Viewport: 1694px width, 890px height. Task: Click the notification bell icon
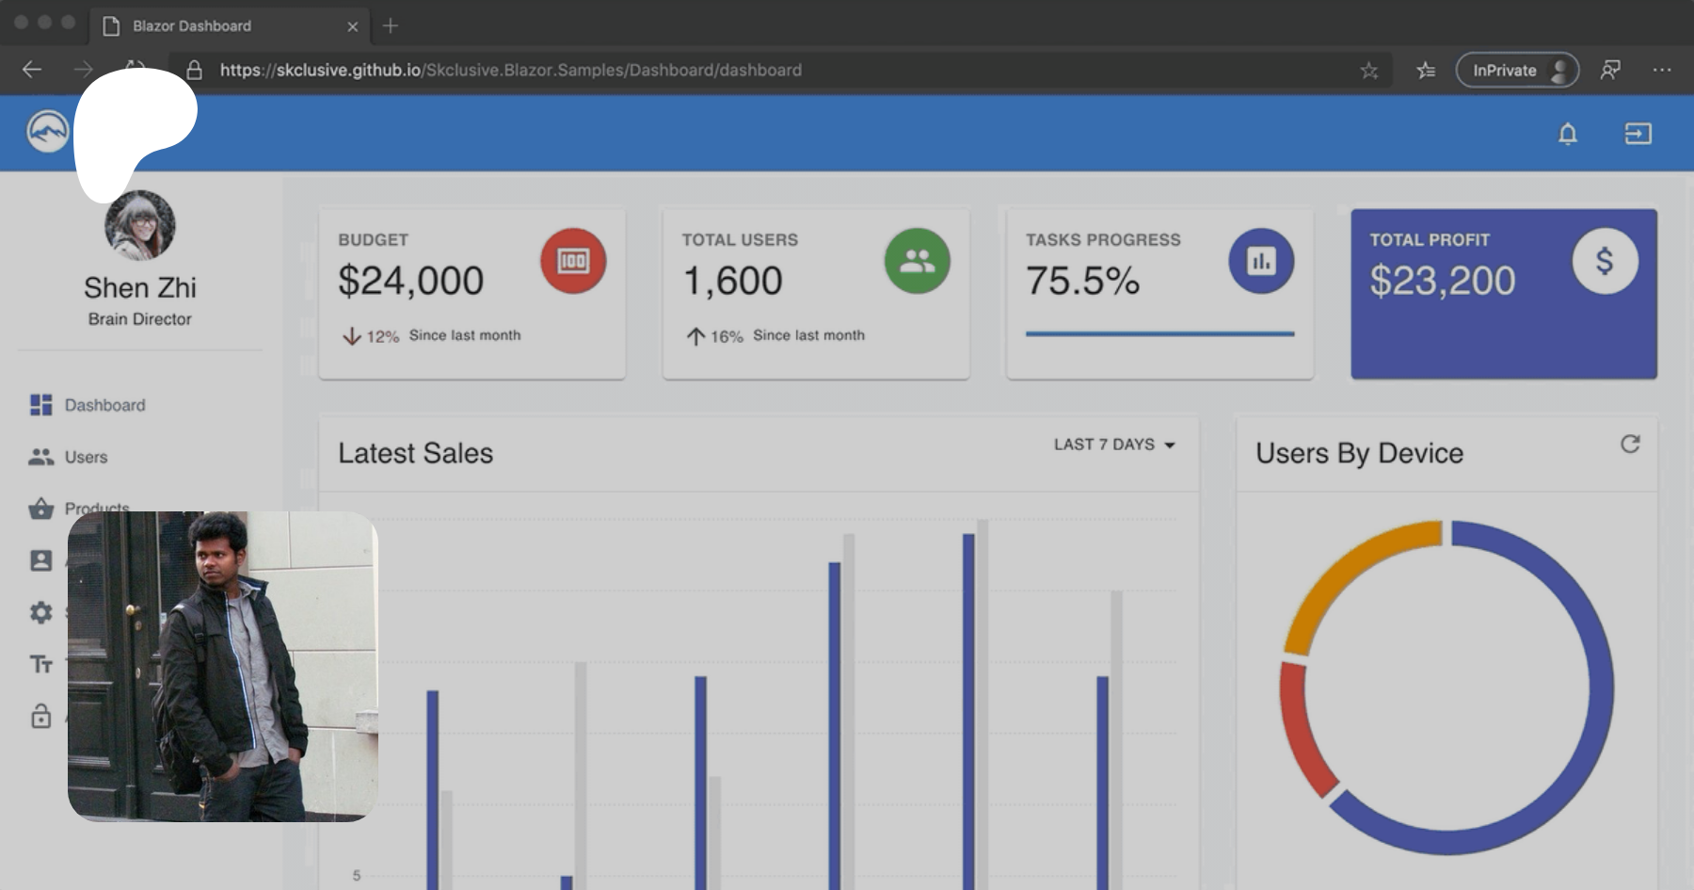coord(1567,134)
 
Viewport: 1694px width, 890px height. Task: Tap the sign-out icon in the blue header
coord(1638,134)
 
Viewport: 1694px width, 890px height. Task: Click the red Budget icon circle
coord(572,261)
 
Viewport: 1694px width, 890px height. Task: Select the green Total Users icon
coord(917,261)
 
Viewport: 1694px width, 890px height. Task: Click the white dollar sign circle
coord(1605,261)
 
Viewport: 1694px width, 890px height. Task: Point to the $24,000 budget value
coord(410,281)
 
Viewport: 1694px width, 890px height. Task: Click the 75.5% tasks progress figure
coord(1082,281)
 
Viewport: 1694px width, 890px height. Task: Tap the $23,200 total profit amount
coord(1442,281)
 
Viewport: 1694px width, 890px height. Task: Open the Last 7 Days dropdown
coord(1114,445)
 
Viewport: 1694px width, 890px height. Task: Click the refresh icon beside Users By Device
coord(1630,445)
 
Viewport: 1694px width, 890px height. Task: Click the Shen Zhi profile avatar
coord(140,226)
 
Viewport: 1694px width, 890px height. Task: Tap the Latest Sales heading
coord(415,453)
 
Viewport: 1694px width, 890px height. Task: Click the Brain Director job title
coord(140,319)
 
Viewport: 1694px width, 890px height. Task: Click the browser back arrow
coord(32,70)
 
